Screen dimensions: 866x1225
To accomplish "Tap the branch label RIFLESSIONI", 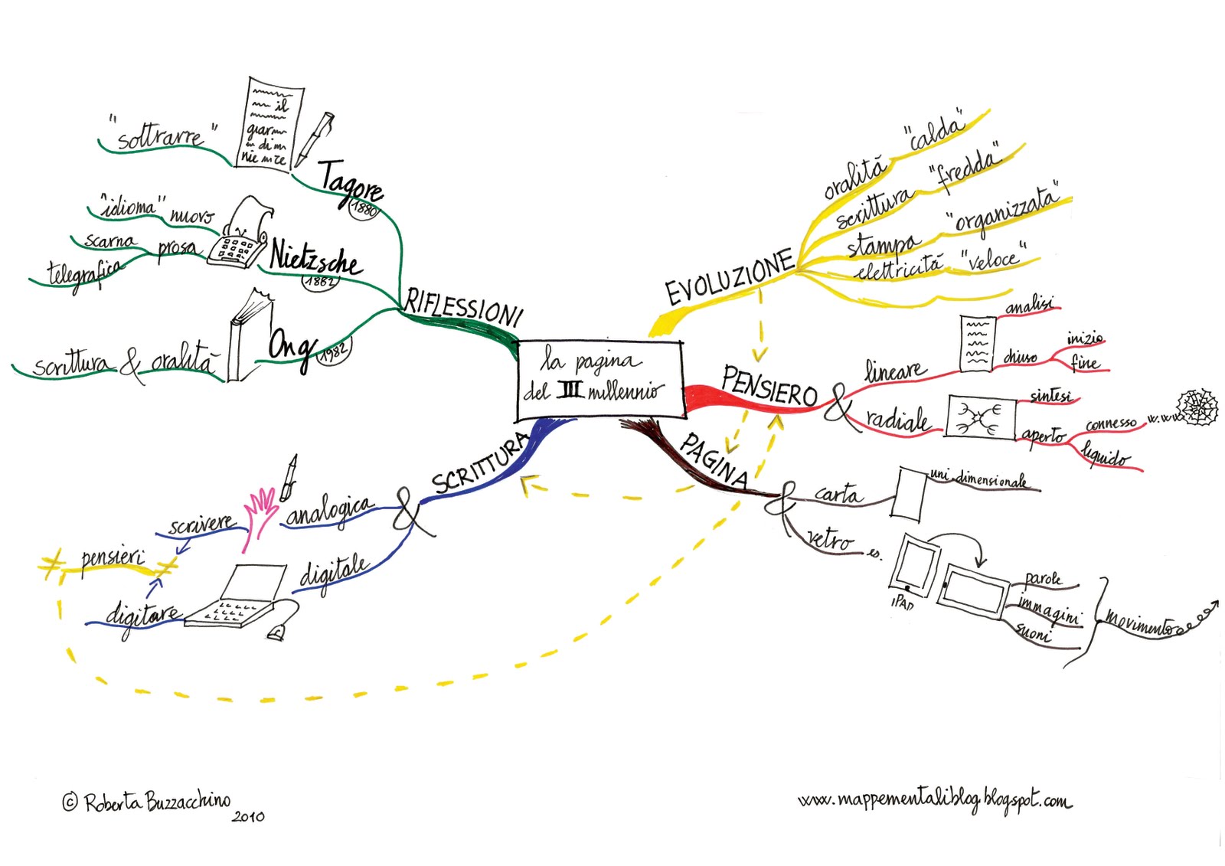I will pos(462,306).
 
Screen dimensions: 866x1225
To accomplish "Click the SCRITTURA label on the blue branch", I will pos(480,463).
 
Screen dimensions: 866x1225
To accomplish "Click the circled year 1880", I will pos(364,207).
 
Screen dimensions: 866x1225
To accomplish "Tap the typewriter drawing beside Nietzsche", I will pos(240,234).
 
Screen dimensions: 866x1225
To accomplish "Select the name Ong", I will pos(290,348).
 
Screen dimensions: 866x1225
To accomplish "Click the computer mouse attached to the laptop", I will pos(276,632).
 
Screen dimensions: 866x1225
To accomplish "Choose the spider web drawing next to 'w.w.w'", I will pos(1197,406).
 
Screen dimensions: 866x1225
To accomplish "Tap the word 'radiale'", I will pos(897,420).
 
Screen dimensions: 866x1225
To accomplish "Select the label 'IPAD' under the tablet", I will pos(903,603).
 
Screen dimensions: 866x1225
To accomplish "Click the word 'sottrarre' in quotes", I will pos(161,136).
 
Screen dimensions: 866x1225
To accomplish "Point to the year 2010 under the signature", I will pos(248,817).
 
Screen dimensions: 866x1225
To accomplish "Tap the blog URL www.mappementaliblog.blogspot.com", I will pos(934,801).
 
